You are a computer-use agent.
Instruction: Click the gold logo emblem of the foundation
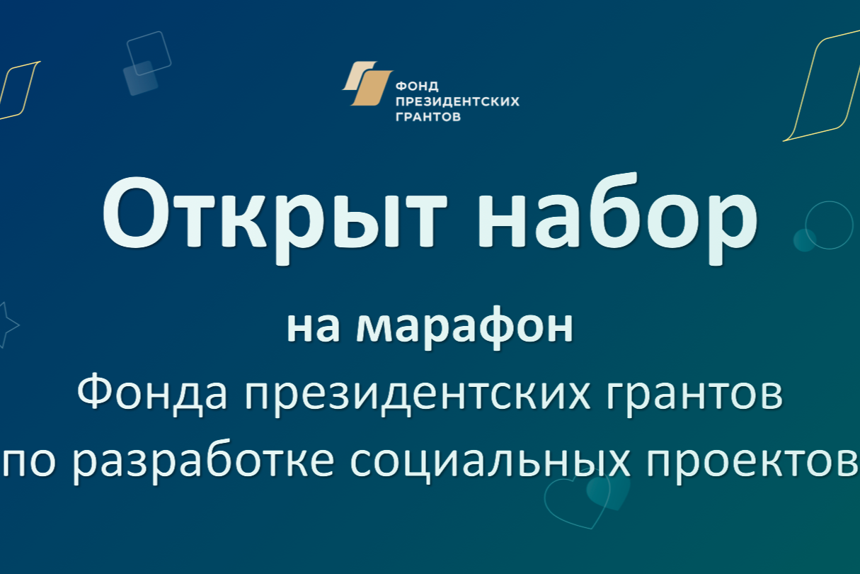[367, 83]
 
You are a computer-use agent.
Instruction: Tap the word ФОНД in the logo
[417, 86]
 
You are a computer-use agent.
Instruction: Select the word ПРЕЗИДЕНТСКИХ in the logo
[458, 101]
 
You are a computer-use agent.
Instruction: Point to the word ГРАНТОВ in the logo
[428, 117]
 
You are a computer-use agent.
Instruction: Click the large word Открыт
[275, 218]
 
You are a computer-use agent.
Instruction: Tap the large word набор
[617, 218]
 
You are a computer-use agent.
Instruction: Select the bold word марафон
[465, 327]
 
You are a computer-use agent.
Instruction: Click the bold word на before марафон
[314, 329]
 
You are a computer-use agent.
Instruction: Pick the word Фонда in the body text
[152, 393]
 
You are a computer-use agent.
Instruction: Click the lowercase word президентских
[418, 395]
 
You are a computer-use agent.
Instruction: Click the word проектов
[752, 463]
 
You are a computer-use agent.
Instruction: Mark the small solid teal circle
[805, 240]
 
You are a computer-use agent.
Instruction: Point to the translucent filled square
[141, 78]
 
